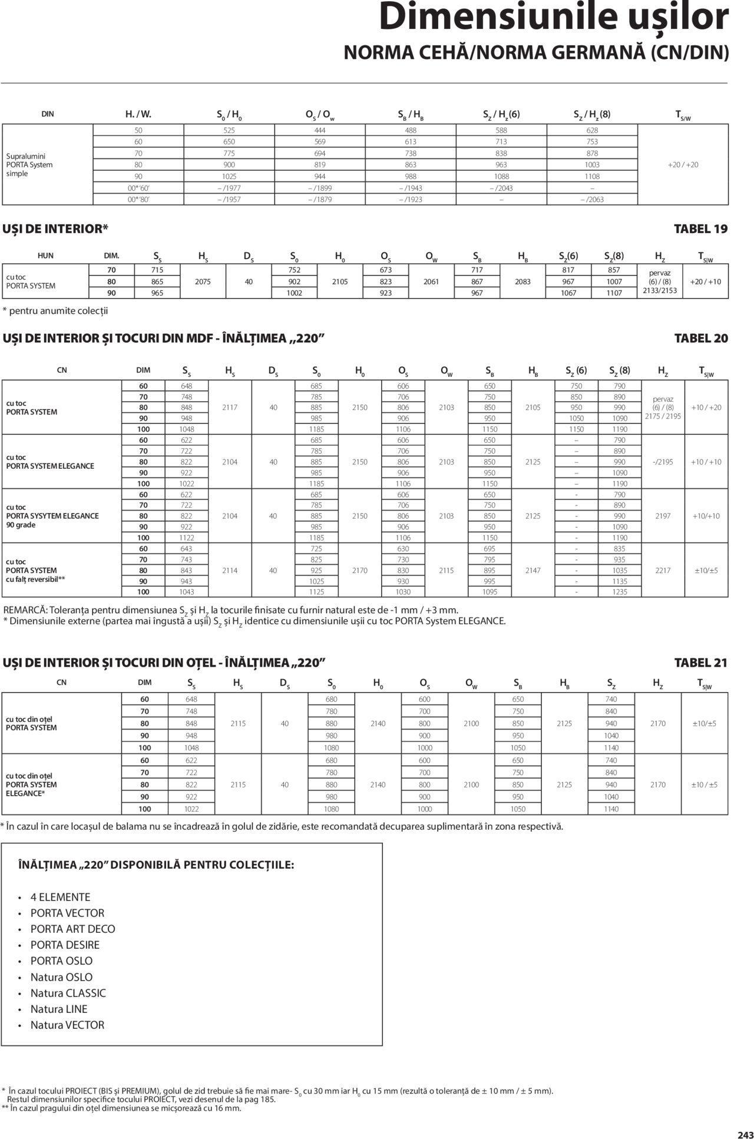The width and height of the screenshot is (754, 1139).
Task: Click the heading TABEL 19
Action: [x=700, y=229]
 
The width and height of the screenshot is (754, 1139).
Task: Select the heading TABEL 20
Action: [x=700, y=339]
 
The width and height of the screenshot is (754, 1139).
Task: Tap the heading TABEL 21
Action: [x=700, y=663]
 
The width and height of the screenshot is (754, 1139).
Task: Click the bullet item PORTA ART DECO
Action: [x=72, y=929]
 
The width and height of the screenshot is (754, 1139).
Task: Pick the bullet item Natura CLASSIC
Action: [x=68, y=993]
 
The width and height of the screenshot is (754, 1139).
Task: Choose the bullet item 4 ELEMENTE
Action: [x=60, y=897]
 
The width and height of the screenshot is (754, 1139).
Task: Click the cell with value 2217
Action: [x=663, y=570]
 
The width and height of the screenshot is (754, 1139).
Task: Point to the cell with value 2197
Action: [x=663, y=516]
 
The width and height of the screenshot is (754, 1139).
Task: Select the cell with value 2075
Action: [x=203, y=282]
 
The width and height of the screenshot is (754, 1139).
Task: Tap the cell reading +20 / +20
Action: [x=683, y=165]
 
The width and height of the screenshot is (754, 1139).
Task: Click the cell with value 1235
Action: [x=620, y=592]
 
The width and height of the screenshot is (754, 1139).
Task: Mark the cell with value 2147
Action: [x=533, y=570]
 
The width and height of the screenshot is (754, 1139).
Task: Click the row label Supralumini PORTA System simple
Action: [x=29, y=165]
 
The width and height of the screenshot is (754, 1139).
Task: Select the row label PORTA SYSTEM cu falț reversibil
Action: [x=35, y=570]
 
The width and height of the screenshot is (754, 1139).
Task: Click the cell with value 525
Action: [x=229, y=130]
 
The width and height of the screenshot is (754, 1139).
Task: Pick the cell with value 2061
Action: [x=431, y=282]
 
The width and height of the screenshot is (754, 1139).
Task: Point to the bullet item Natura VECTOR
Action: [x=67, y=1025]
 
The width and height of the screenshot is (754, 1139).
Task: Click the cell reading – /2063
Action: [x=592, y=199]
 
